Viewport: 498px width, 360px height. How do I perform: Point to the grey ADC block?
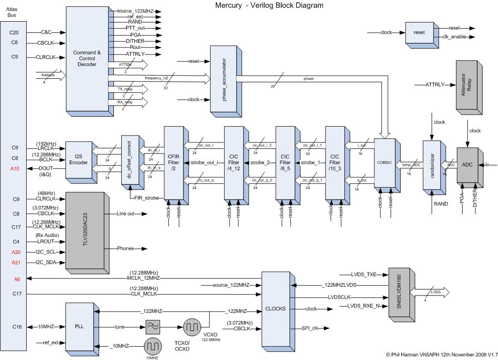click(467, 165)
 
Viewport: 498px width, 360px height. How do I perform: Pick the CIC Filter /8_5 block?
click(285, 162)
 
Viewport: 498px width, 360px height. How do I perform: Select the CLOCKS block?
click(276, 308)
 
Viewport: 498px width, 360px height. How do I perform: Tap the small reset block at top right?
click(419, 33)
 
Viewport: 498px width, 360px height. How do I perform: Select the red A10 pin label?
click(14, 169)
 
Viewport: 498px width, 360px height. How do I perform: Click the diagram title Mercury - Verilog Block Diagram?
click(269, 6)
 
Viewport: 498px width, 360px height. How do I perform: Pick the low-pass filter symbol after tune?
click(153, 327)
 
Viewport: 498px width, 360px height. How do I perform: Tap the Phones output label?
click(125, 248)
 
